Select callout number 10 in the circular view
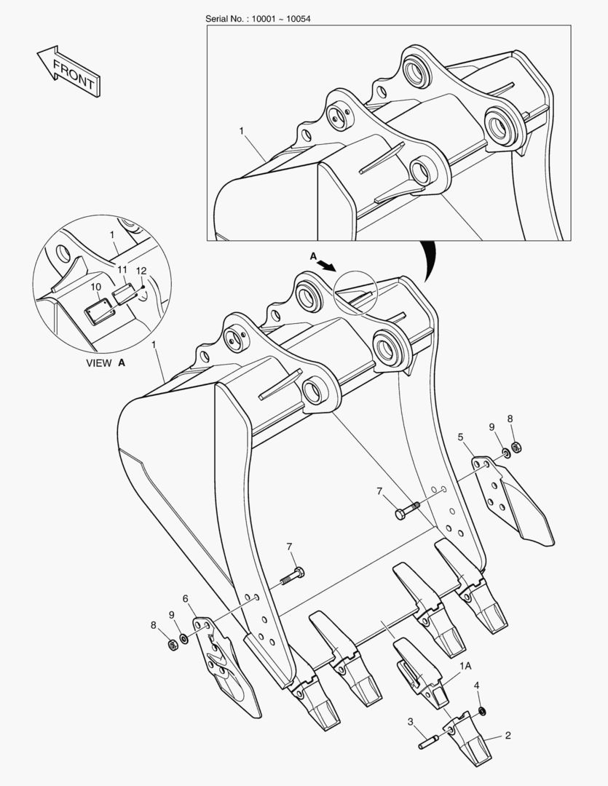96,287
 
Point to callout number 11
122,269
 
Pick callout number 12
141,271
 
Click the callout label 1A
465,665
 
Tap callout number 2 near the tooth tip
508,735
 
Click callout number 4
477,686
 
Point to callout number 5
461,437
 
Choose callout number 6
186,598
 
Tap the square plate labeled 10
98,313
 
